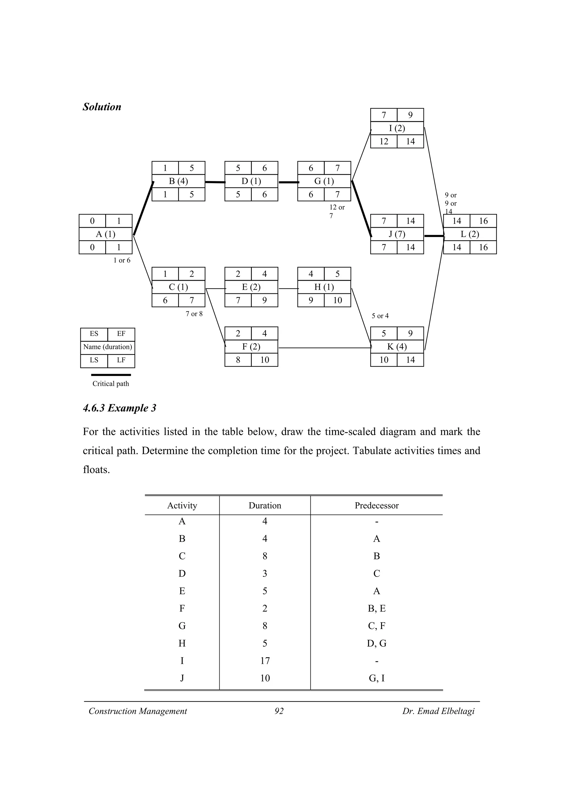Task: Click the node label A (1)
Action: point(106,234)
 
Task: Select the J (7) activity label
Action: point(397,234)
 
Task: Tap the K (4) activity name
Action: point(397,347)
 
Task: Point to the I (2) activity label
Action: point(397,128)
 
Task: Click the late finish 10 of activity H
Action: point(337,300)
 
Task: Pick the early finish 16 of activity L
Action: point(483,221)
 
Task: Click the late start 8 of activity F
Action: point(238,360)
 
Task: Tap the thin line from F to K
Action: point(324,348)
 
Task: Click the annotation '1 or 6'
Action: point(122,260)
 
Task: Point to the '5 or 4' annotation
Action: point(380,316)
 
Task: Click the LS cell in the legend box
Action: point(94,360)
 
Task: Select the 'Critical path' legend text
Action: point(111,384)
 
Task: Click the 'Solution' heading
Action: point(102,107)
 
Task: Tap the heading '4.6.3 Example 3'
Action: point(119,408)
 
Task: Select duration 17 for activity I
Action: point(265,661)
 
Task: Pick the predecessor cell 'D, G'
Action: point(376,644)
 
